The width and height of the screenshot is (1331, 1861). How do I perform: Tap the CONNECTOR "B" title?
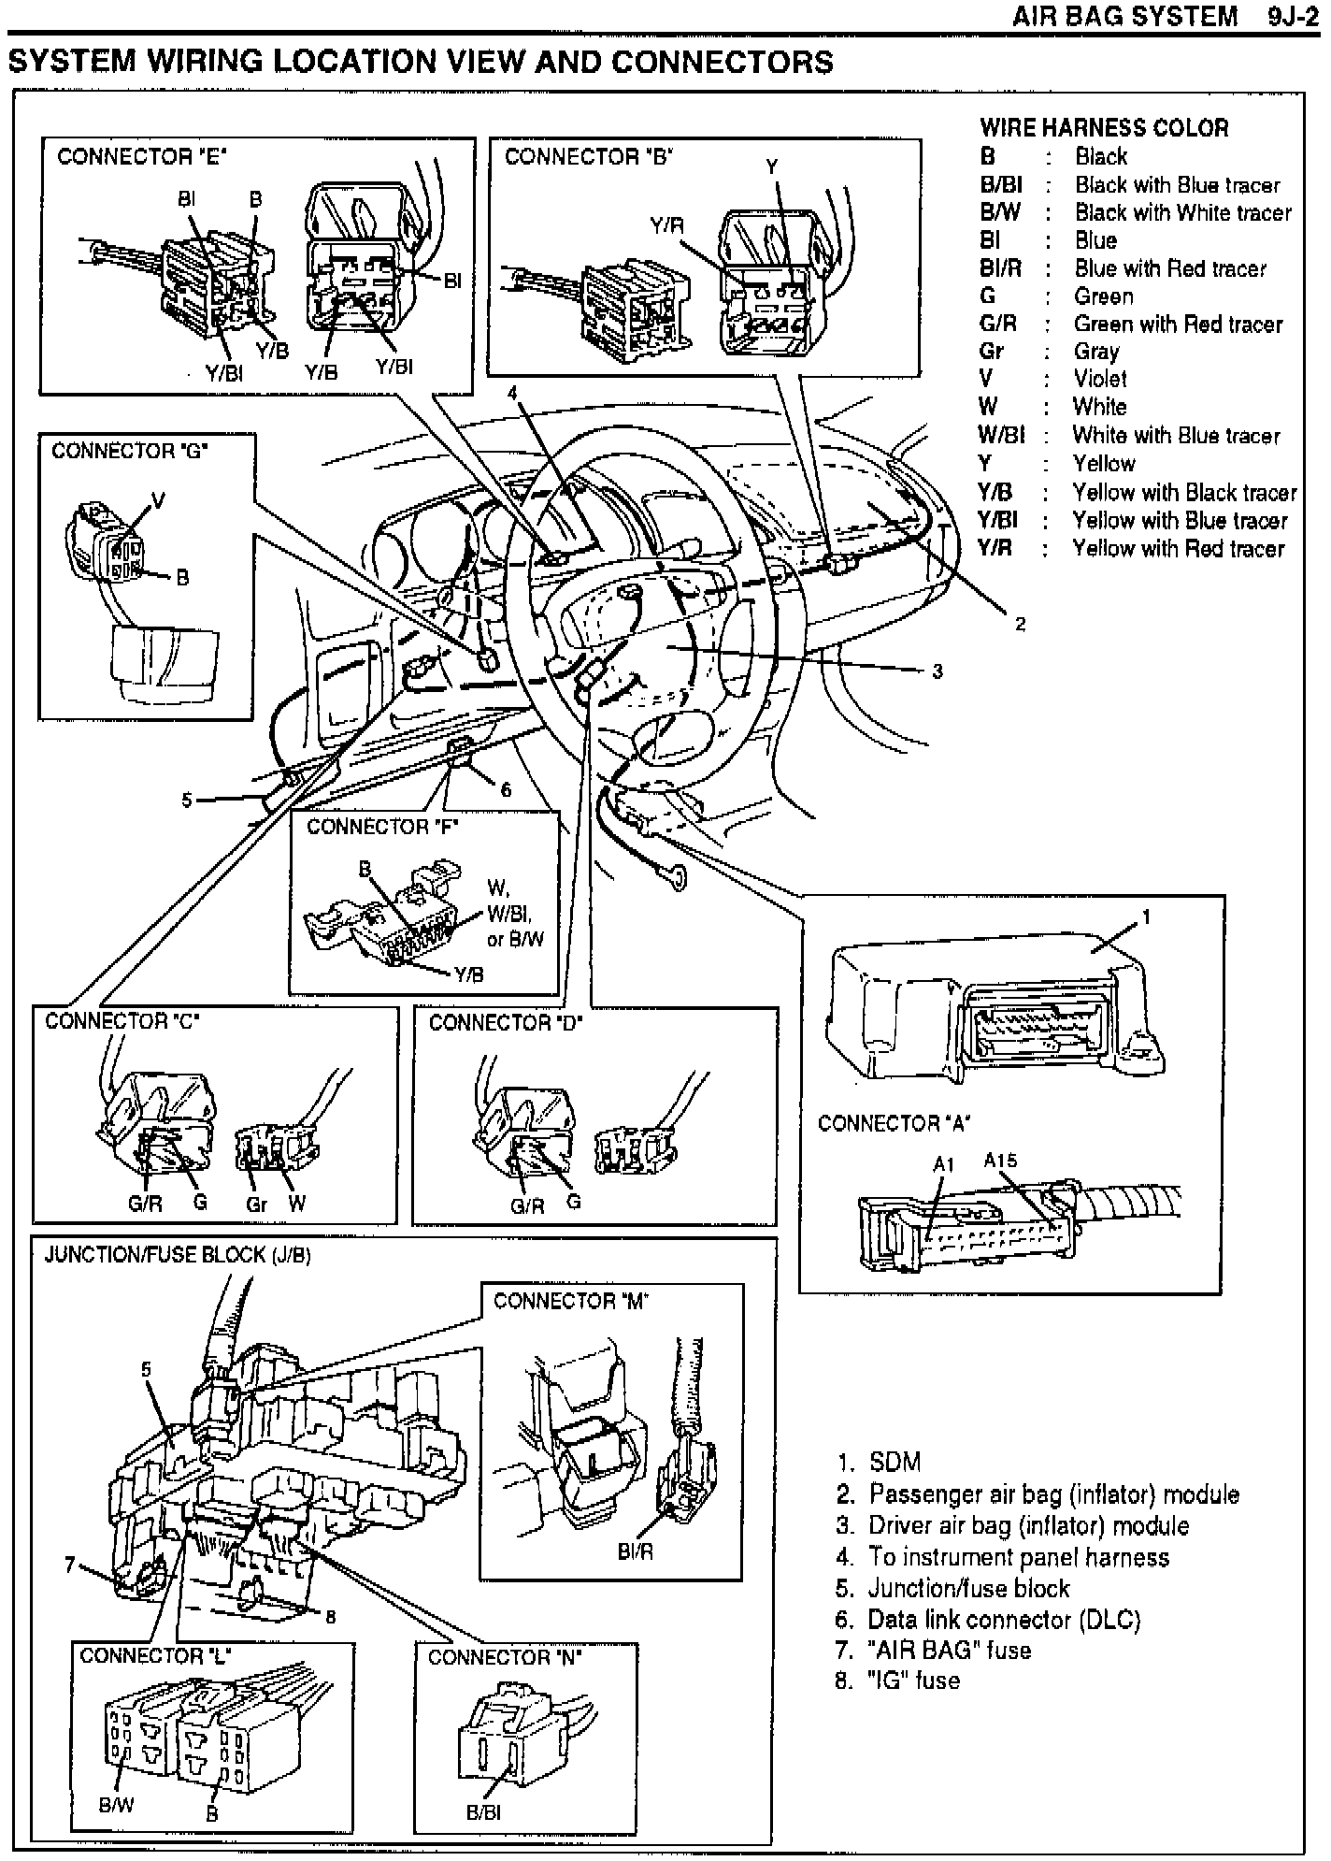pyautogui.click(x=589, y=156)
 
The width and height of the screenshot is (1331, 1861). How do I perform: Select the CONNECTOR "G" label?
pyautogui.click(x=130, y=451)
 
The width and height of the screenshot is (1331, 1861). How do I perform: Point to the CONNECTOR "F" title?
pyautogui.click(x=382, y=827)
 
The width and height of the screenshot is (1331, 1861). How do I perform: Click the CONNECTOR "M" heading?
pyautogui.click(x=570, y=1301)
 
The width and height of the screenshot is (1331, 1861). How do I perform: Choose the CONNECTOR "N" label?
pyautogui.click(x=505, y=1657)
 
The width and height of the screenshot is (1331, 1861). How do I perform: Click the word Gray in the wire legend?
pyautogui.click(x=1096, y=352)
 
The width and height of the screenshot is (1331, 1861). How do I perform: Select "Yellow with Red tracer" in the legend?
pyautogui.click(x=1178, y=548)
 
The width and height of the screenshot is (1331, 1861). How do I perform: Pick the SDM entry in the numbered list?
pyautogui.click(x=894, y=1462)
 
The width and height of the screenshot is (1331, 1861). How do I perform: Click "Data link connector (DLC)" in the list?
pyautogui.click(x=1004, y=1619)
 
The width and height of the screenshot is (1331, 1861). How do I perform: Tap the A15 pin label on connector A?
pyautogui.click(x=999, y=1161)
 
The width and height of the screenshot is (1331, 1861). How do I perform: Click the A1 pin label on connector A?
pyautogui.click(x=943, y=1164)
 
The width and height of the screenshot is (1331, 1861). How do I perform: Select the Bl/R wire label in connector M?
pyautogui.click(x=636, y=1551)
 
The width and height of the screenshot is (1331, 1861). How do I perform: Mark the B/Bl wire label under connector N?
pyautogui.click(x=483, y=1811)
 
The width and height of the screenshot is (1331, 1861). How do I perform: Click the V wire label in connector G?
pyautogui.click(x=158, y=501)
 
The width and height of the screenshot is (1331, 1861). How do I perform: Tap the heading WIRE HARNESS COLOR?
pyautogui.click(x=1104, y=127)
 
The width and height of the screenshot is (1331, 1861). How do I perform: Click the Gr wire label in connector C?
pyautogui.click(x=256, y=1205)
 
